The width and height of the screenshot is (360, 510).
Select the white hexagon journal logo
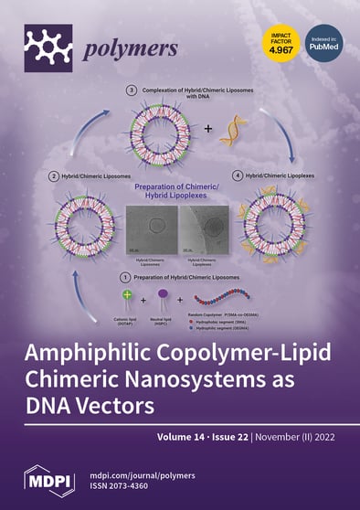[x=48, y=42]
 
